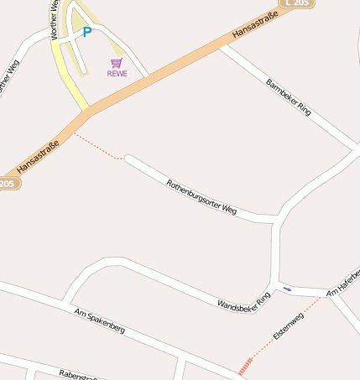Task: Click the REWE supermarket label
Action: pos(117,74)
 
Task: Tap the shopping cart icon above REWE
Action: pos(117,63)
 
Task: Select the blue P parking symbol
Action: pos(86,33)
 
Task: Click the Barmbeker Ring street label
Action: pos(288,97)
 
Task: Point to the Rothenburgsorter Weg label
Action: pos(201,197)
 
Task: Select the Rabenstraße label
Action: pos(77,374)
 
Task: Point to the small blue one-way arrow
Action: pos(287,289)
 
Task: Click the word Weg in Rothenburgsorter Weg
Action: pos(227,210)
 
